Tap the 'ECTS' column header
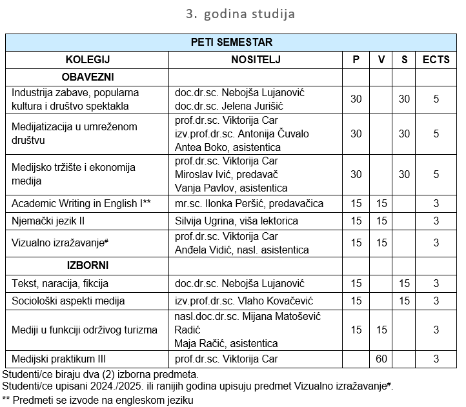436,60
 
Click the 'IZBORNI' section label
87,265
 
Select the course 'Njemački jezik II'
48,221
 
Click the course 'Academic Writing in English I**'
81,204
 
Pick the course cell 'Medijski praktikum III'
59,359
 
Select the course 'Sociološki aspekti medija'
68,301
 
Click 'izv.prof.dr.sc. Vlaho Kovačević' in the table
244,301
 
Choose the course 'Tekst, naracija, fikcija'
60,283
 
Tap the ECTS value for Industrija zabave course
436,99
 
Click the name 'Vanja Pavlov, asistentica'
231,188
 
